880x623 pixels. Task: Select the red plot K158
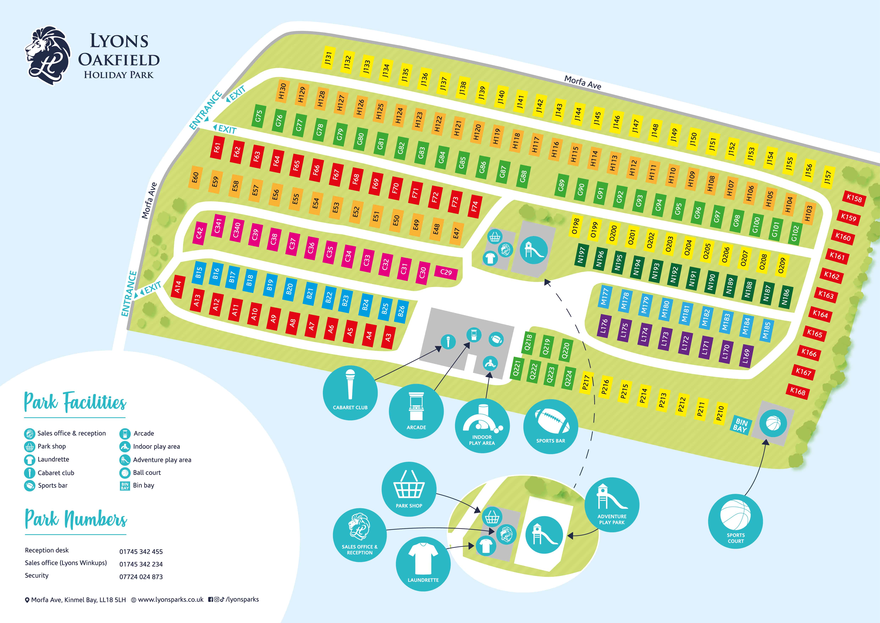(x=854, y=198)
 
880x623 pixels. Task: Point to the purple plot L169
(x=746, y=357)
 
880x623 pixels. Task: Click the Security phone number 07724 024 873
(x=141, y=577)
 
